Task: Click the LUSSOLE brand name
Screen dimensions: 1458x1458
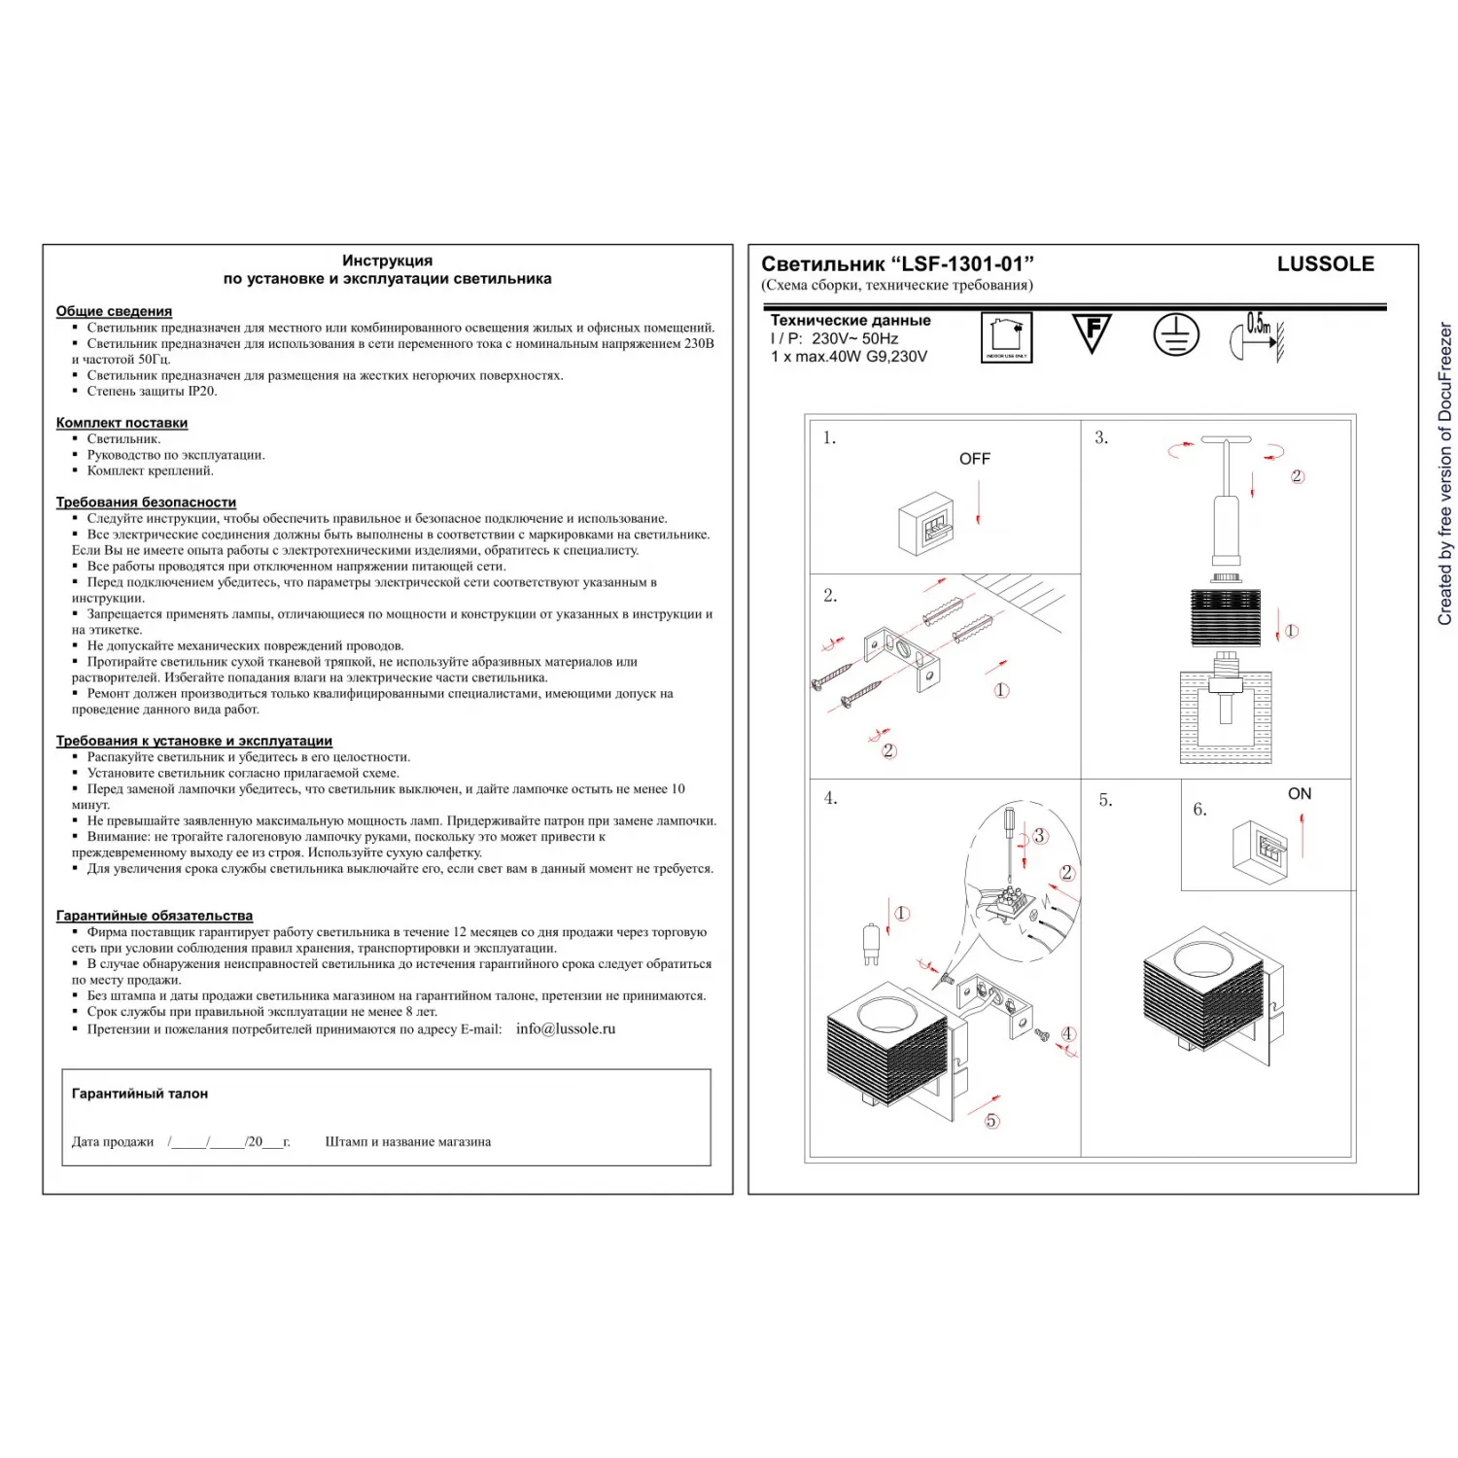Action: [1325, 264]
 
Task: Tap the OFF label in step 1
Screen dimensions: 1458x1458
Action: [974, 459]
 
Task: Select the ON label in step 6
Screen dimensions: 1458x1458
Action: [1299, 794]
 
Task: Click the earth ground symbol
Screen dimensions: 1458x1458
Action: [1176, 335]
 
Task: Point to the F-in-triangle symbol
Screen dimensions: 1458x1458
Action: [1092, 333]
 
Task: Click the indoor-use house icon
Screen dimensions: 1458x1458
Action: [1006, 337]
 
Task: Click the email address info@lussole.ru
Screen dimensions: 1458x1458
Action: [566, 1028]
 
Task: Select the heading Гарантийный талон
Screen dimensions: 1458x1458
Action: [140, 1093]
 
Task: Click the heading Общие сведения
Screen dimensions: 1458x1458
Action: [114, 311]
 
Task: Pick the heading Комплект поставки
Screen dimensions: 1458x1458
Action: [121, 423]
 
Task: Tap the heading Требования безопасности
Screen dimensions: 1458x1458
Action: [146, 503]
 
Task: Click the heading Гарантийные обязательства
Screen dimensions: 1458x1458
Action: [155, 916]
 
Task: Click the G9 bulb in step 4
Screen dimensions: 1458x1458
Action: [871, 944]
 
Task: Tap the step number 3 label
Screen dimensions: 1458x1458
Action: [1100, 438]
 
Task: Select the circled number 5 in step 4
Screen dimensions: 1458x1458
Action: [991, 1121]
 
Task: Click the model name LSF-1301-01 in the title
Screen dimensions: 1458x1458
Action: [962, 264]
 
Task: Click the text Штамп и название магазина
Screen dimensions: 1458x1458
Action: [407, 1142]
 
